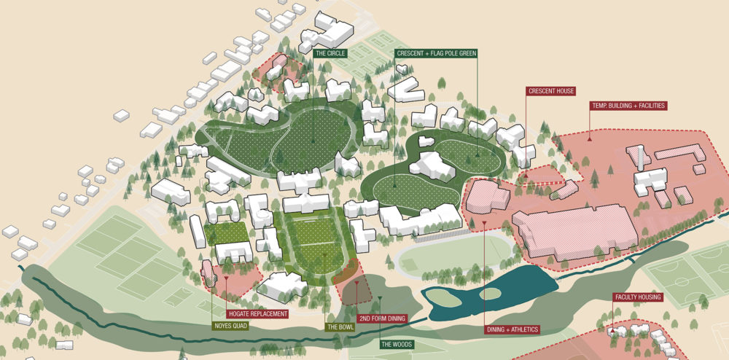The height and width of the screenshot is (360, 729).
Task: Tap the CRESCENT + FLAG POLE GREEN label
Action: pyautogui.click(x=435, y=54)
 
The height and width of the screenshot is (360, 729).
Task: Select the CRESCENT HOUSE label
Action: pyautogui.click(x=551, y=91)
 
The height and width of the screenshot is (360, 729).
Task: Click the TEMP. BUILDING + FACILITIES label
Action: pyautogui.click(x=628, y=106)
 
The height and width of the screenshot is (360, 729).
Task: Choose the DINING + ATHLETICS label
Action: pyautogui.click(x=512, y=329)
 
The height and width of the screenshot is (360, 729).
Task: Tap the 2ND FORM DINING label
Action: pyautogui.click(x=382, y=319)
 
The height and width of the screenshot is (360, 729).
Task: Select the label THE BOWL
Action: pyautogui.click(x=340, y=326)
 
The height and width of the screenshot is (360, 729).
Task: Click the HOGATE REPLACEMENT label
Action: pyautogui.click(x=248, y=314)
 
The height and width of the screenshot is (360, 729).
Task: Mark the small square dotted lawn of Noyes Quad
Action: pyautogui.click(x=225, y=233)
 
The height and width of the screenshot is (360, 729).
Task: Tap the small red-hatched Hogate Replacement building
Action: pyautogui.click(x=208, y=272)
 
